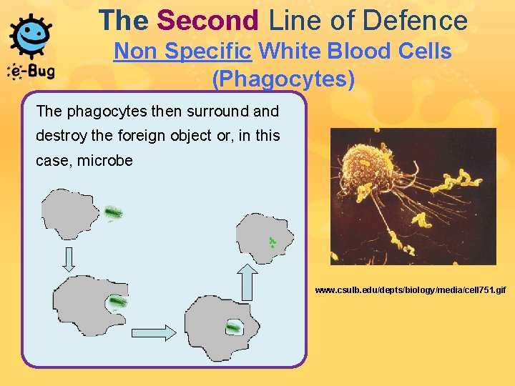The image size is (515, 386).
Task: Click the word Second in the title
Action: point(208,20)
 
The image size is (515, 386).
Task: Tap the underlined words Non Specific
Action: point(183,51)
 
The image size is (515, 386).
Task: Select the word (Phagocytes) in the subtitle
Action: point(283,79)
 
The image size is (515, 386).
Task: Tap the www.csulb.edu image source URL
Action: point(411,290)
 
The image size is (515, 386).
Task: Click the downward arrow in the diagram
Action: point(69,258)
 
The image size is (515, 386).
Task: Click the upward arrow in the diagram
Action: point(247,282)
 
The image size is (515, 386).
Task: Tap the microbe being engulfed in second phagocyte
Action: point(116,303)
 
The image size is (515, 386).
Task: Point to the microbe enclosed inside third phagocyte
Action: point(233,328)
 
